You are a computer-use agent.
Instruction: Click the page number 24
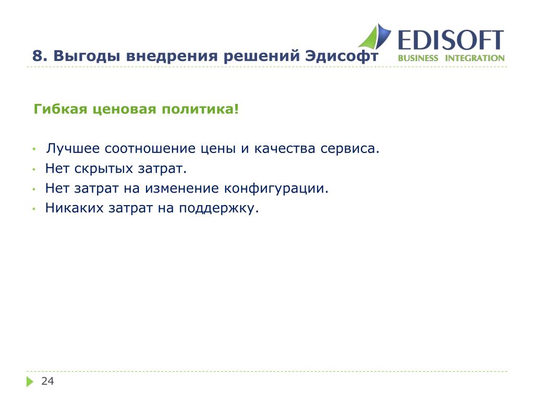[47, 381]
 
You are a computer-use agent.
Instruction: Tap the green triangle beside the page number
[30, 382]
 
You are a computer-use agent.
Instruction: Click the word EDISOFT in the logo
[451, 40]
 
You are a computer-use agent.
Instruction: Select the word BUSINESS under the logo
[418, 58]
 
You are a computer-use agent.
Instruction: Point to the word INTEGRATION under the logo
[475, 58]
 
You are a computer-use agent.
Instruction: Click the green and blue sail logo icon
[375, 36]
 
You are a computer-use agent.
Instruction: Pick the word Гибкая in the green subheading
[60, 109]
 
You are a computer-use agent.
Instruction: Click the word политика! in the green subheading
[200, 109]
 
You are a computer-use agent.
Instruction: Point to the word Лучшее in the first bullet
[73, 148]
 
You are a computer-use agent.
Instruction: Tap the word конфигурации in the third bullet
[274, 188]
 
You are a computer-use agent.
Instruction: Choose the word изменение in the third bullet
[182, 188]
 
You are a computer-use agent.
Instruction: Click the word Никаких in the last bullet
[74, 208]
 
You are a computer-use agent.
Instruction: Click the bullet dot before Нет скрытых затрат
[34, 169]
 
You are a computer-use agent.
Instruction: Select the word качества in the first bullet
[284, 149]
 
